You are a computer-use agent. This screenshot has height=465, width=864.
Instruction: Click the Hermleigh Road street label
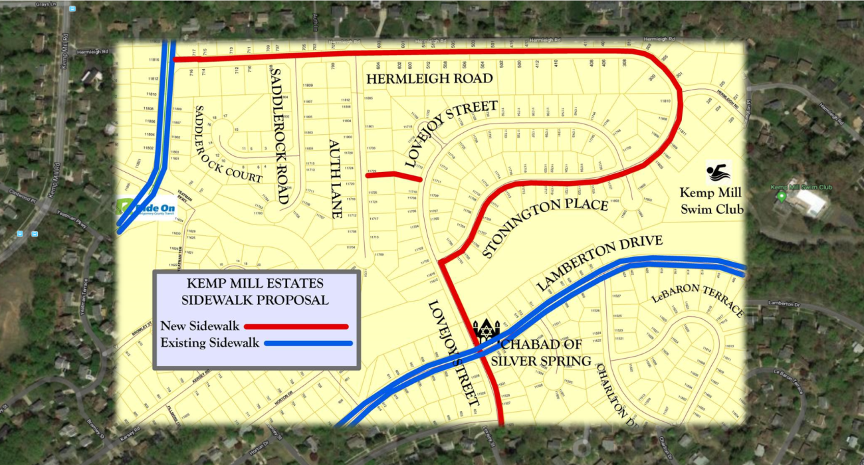(x=429, y=78)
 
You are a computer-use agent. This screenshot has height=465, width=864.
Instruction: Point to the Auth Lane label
(x=335, y=179)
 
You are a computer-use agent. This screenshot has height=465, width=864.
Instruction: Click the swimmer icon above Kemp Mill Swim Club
(x=718, y=173)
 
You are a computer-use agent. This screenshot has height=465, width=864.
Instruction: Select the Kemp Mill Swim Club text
(x=710, y=201)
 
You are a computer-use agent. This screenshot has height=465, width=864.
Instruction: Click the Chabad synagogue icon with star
(x=486, y=331)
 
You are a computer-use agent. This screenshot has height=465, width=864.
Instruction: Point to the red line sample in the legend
(x=296, y=326)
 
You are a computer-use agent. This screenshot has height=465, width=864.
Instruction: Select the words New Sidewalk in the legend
(x=199, y=326)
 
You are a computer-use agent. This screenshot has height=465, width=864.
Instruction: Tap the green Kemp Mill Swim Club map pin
(x=781, y=196)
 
